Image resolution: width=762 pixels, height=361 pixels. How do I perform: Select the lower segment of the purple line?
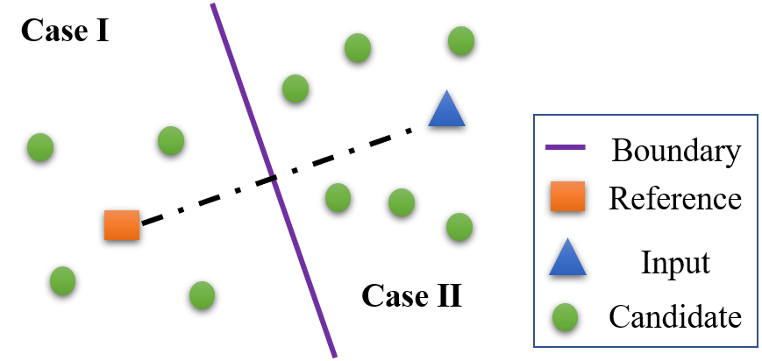tap(303, 268)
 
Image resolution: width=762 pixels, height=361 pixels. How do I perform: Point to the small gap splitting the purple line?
tap(273, 178)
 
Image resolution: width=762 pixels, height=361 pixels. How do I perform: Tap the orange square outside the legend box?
tap(122, 225)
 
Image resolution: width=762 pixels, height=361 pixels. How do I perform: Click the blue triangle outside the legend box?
tap(446, 111)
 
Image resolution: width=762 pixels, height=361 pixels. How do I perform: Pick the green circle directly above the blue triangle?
tap(461, 40)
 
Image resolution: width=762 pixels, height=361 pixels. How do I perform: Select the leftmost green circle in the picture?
tap(40, 147)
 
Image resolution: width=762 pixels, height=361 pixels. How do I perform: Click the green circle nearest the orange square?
tap(62, 280)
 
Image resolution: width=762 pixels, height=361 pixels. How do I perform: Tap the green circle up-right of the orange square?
tap(171, 140)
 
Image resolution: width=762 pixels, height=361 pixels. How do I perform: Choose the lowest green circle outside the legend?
tap(202, 295)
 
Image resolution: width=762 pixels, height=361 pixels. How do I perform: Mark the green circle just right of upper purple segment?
tap(296, 88)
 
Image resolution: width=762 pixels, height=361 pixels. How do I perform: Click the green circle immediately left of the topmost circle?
tap(358, 47)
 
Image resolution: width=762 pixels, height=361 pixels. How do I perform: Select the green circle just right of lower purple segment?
tap(338, 197)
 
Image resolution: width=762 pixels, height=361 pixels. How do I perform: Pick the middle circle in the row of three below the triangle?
tap(402, 202)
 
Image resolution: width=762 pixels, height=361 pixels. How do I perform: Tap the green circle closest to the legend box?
tap(459, 227)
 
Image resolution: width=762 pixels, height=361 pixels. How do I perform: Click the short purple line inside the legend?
tap(566, 147)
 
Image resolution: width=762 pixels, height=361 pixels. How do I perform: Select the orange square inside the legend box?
tap(567, 196)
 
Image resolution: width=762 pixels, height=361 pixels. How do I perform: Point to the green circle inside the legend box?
tap(565, 317)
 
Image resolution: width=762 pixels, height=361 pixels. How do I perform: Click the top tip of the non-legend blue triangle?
tap(446, 91)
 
